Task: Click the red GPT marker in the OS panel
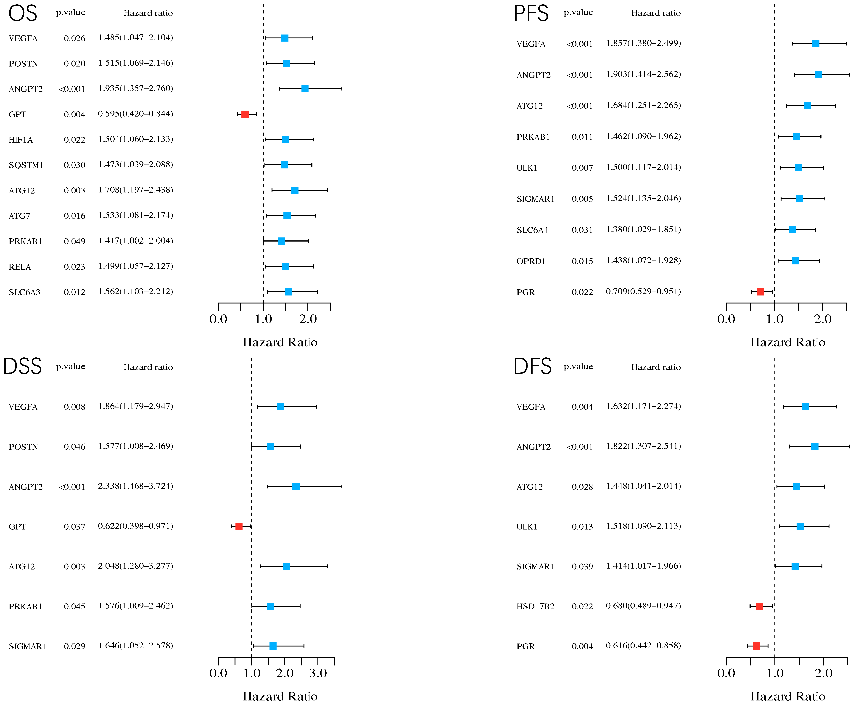pos(245,114)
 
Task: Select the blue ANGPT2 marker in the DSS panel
pos(296,487)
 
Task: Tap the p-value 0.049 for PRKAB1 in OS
pos(74,241)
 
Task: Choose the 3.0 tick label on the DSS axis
pos(318,673)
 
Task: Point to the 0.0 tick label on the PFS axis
pos(726,319)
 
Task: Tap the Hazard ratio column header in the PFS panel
pos(656,13)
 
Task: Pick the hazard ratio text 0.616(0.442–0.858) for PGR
pos(643,646)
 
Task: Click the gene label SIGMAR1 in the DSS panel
pos(28,646)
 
